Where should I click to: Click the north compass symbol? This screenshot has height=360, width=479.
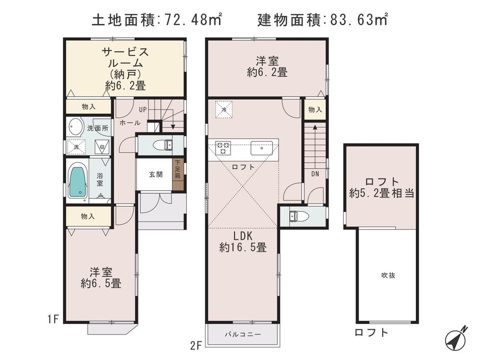456,338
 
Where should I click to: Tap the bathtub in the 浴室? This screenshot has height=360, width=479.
77,181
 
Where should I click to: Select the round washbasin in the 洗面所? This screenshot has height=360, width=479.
76,128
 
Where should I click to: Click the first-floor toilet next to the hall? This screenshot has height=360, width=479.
162,144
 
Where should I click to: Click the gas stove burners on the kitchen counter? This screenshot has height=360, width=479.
223,148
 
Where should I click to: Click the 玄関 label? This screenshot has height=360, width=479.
155,174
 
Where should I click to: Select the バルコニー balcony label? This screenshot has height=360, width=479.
242,334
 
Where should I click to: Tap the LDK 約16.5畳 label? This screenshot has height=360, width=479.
243,242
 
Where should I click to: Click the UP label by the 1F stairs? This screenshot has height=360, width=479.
142,109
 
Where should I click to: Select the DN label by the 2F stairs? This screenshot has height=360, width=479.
315,174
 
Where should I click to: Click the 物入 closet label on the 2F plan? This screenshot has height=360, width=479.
315,110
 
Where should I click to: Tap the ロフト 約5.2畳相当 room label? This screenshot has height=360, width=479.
382,187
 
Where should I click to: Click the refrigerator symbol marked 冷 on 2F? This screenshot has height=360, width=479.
223,109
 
